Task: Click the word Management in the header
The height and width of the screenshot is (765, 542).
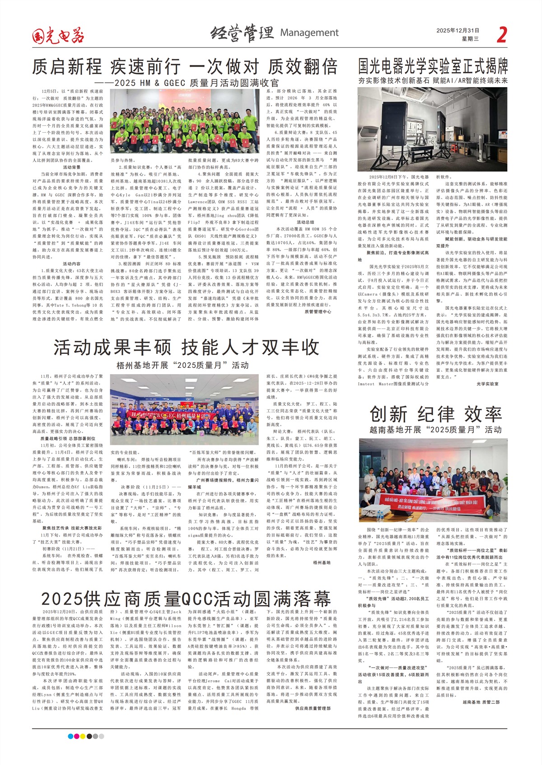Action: coord(309,32)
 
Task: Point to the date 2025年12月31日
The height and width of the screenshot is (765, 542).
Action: coord(458,31)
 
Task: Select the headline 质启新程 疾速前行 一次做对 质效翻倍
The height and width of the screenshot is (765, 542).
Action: coord(185,67)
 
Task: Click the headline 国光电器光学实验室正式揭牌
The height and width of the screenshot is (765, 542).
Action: coord(433,66)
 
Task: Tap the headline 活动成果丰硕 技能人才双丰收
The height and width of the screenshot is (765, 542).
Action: coord(186,348)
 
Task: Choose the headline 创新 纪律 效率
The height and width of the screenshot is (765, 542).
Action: coord(435,414)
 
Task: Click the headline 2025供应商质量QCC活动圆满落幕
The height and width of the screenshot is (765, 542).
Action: coord(186,599)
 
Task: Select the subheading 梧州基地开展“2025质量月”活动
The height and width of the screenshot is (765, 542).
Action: coord(182,365)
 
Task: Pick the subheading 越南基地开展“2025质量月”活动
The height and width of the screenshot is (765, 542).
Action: coord(435,430)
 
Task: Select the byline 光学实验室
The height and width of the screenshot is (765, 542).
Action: coord(488,384)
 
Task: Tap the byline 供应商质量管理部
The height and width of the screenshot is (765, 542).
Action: coord(313,709)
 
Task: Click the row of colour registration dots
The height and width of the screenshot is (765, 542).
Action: coord(86,736)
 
